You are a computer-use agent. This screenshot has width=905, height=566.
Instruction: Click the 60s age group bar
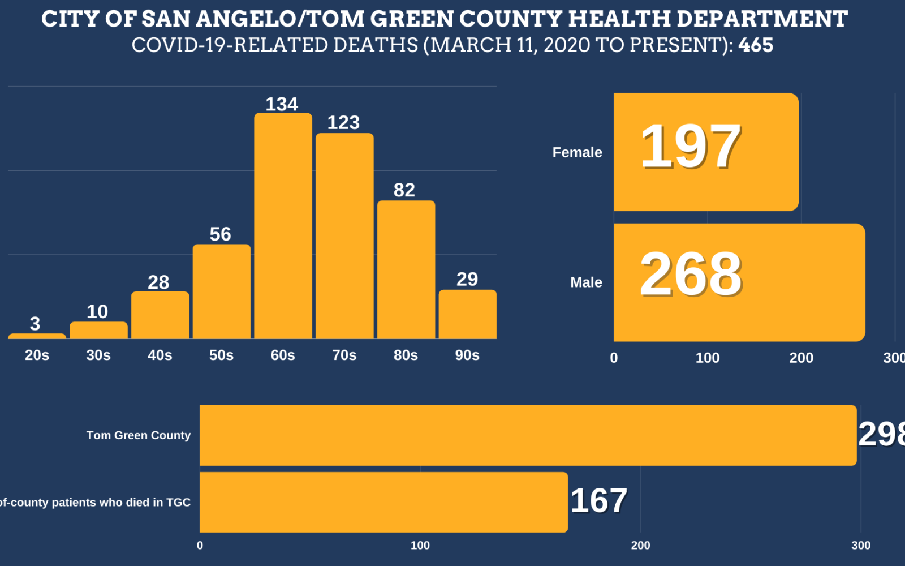coord(283,226)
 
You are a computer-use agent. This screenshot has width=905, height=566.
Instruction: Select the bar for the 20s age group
coord(37,336)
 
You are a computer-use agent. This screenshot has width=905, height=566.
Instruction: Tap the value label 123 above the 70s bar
coord(343,122)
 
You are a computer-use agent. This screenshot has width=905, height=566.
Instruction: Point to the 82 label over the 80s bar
coord(404,190)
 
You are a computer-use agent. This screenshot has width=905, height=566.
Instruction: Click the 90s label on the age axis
coord(467,355)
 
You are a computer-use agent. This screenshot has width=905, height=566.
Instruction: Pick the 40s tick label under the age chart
coord(160,355)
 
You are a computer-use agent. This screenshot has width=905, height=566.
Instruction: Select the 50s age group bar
coord(221,291)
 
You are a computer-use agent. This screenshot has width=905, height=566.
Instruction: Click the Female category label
coord(577,152)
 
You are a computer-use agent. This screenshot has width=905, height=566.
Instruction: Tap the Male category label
coord(586,282)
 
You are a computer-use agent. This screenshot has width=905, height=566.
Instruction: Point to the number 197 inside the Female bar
coord(691,147)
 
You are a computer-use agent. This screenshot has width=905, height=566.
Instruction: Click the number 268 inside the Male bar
coord(691,275)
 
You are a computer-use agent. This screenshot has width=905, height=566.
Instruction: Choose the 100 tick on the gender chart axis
coord(707,358)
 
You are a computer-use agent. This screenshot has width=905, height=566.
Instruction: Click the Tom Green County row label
coord(139,435)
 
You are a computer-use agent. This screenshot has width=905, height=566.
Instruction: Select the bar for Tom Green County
coord(528,435)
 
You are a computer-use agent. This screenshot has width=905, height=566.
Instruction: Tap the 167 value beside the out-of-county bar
coord(598,501)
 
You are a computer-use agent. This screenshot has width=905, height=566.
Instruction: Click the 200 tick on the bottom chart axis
coord(640,545)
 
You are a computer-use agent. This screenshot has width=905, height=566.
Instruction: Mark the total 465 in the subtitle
coord(756,45)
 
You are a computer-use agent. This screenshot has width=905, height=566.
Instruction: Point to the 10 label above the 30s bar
coord(97,312)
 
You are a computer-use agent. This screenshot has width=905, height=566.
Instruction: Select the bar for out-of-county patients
coord(383,502)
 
